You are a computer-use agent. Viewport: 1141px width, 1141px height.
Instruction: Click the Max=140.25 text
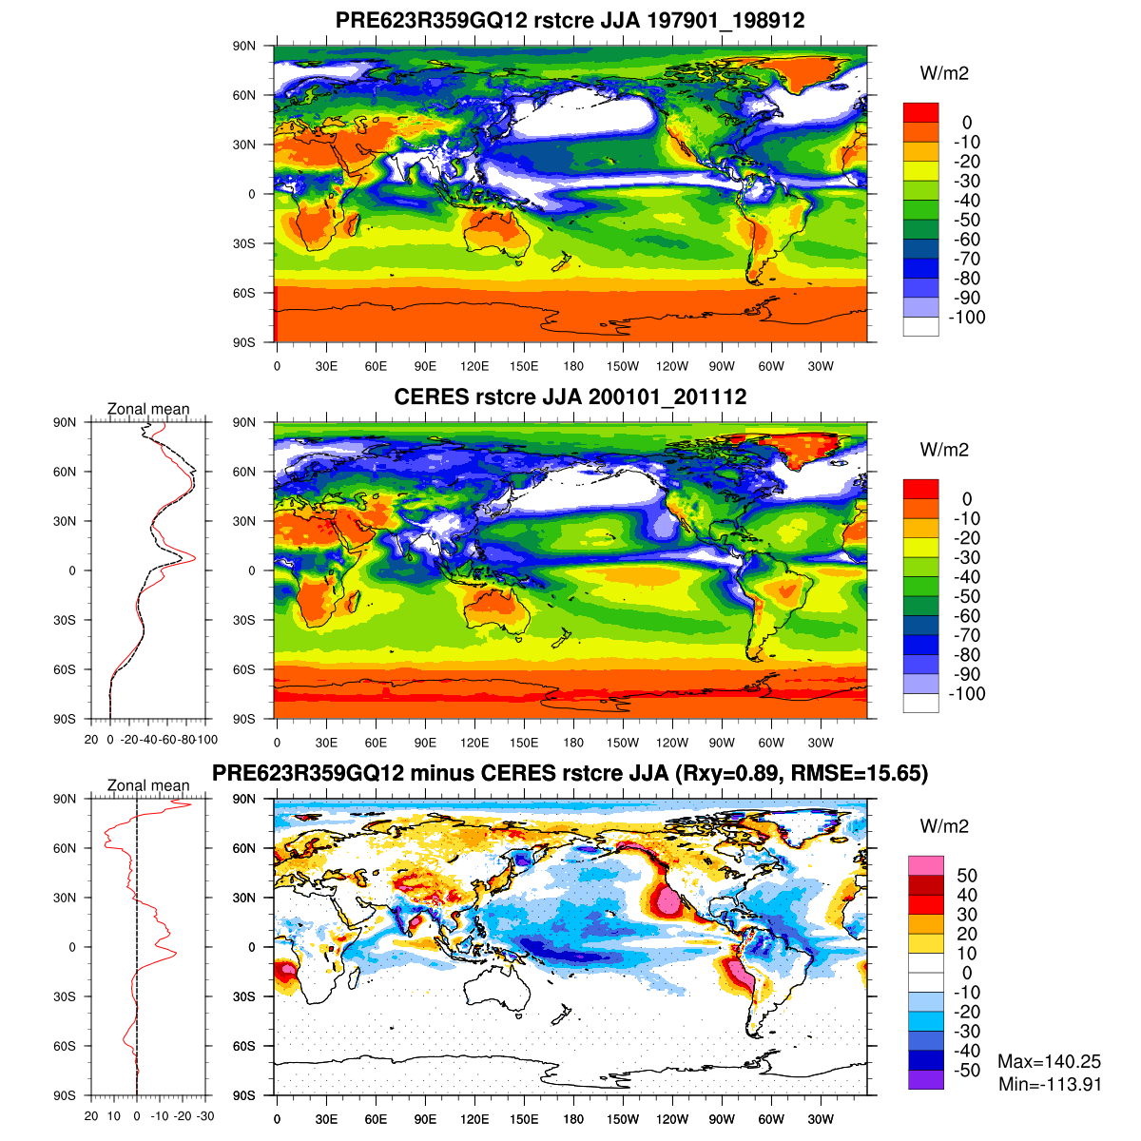1049,1062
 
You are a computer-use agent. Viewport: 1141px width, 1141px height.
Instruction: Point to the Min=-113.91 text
1050,1084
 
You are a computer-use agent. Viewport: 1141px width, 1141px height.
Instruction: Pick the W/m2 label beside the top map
944,73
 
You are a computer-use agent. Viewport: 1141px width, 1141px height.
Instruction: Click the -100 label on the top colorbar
966,318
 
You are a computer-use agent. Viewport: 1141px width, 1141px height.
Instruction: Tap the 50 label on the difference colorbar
967,876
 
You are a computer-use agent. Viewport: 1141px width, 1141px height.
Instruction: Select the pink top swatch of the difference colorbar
926,865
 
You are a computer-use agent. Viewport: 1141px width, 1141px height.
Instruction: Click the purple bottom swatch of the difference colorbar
926,1079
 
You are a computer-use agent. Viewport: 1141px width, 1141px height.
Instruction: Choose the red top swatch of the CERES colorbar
920,489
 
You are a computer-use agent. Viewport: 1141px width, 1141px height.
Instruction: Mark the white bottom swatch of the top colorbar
920,326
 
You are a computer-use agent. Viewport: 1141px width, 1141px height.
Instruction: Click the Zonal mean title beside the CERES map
148,409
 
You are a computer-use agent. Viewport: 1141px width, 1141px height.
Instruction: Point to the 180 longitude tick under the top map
573,366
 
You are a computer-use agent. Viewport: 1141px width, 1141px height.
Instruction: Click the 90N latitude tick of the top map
245,46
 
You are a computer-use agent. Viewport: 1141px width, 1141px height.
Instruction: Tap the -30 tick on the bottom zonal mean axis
204,1116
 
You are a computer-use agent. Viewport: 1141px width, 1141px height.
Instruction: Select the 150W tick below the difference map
623,1119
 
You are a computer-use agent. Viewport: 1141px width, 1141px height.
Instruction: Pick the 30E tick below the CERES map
326,743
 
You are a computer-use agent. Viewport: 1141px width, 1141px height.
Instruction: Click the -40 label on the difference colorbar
966,1051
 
